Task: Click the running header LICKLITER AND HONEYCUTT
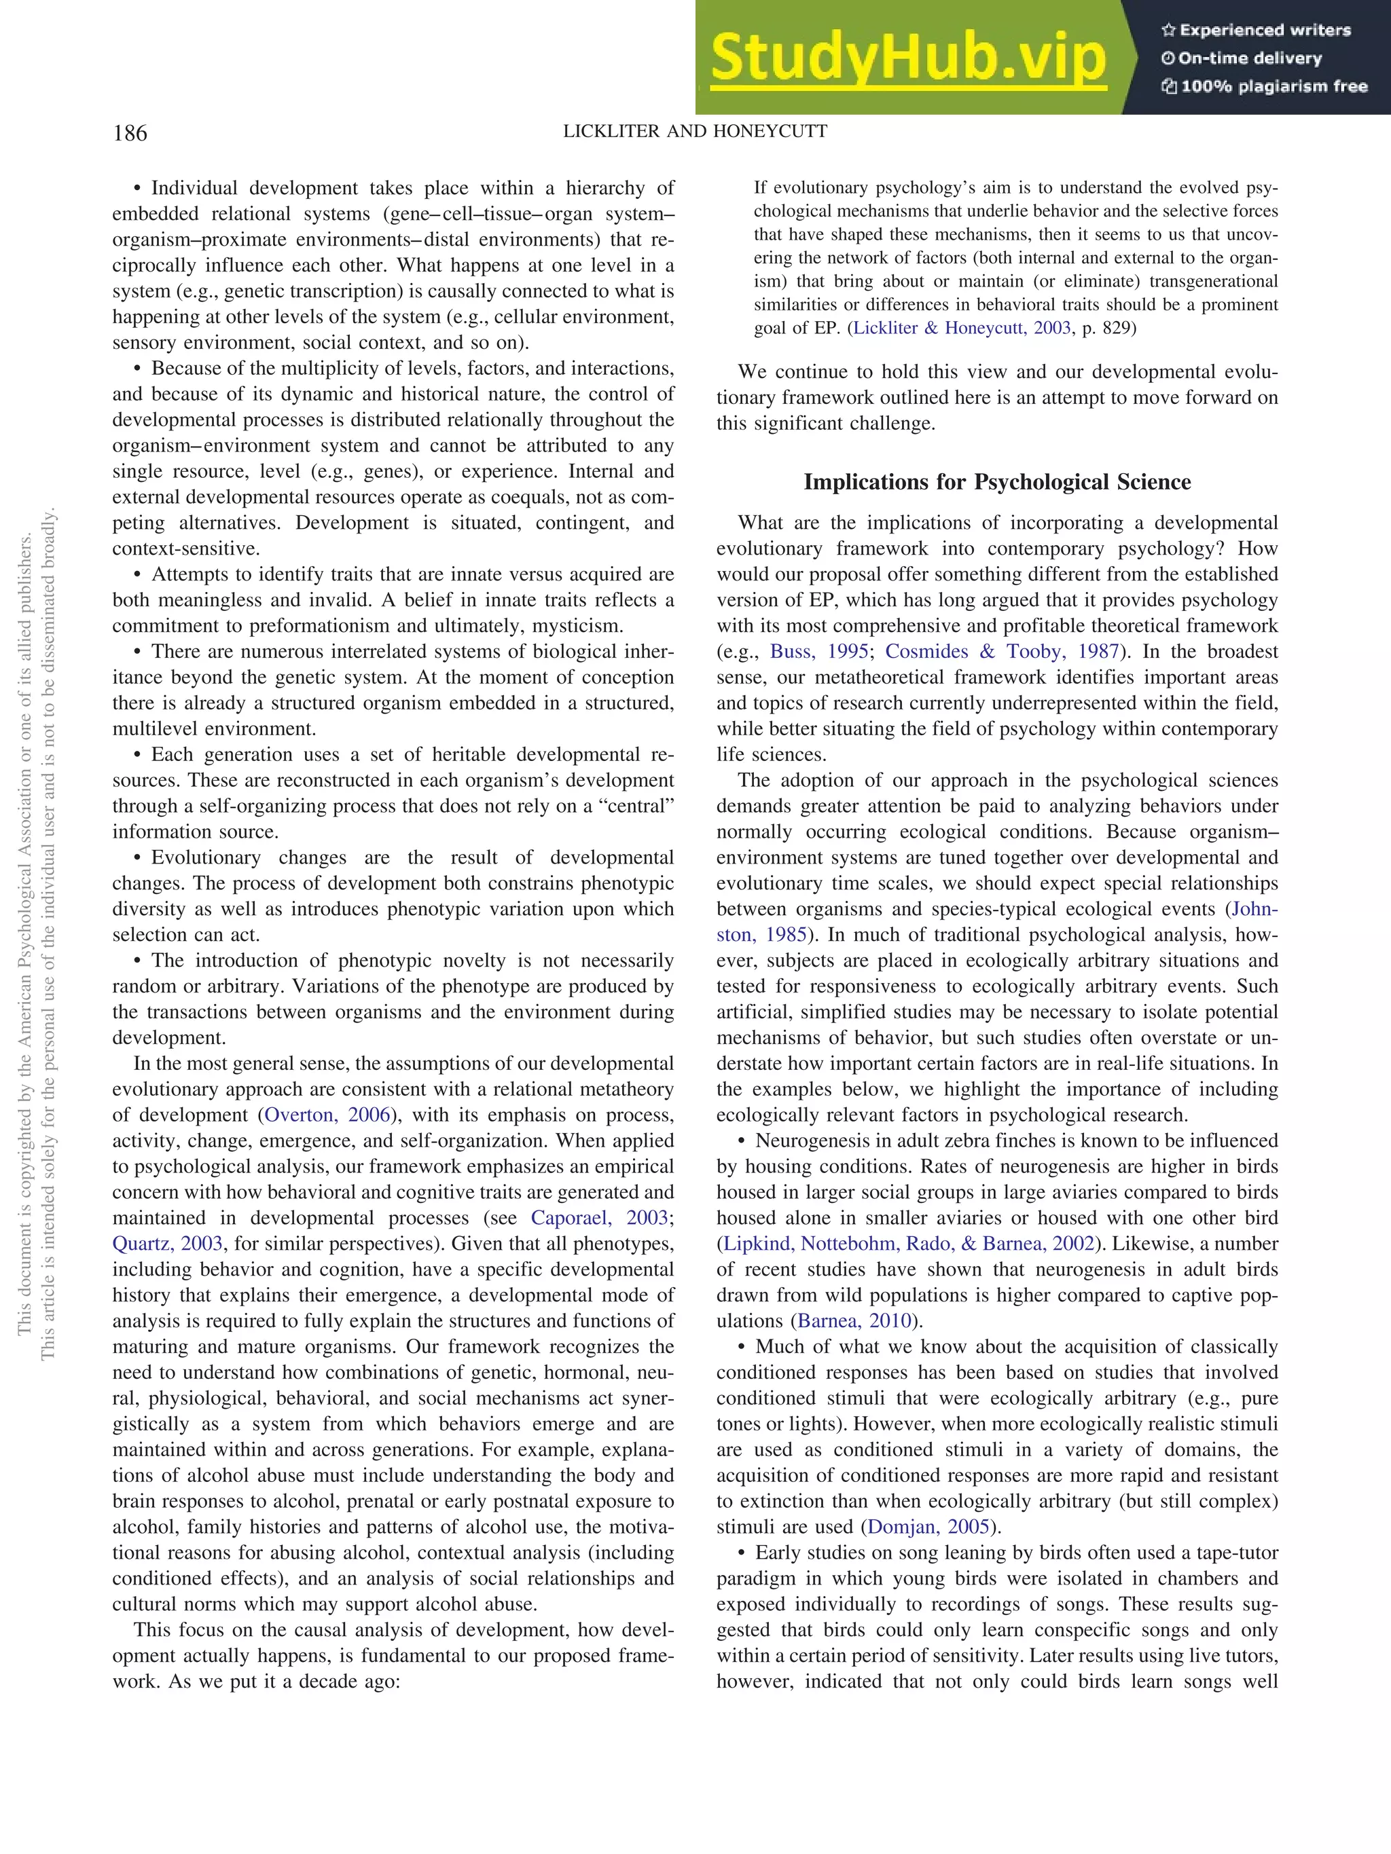pos(694,132)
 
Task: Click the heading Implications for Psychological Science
pos(996,482)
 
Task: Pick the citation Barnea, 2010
pos(854,1321)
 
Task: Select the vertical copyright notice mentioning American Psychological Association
pos(24,922)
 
